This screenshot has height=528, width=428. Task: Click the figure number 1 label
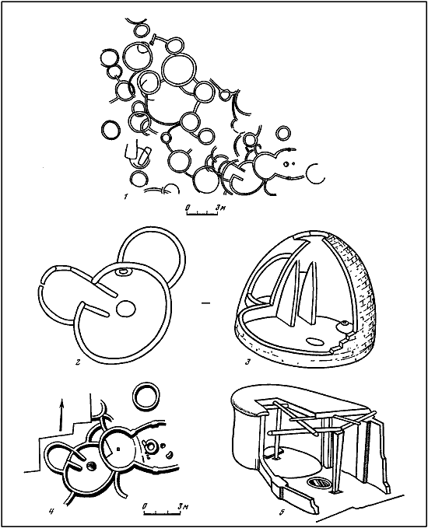pyautogui.click(x=125, y=197)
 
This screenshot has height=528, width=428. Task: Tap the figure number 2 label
pyautogui.click(x=78, y=362)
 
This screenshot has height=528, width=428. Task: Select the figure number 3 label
pyautogui.click(x=247, y=362)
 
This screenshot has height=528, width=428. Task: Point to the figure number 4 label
pyautogui.click(x=51, y=512)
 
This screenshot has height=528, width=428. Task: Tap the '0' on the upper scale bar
pyautogui.click(x=188, y=208)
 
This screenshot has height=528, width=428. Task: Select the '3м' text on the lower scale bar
pyautogui.click(x=182, y=506)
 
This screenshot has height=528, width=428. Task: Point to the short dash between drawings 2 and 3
pyautogui.click(x=205, y=304)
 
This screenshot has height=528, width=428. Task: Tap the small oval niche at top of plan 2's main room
pyautogui.click(x=123, y=271)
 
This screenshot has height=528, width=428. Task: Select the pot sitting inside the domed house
pyautogui.click(x=344, y=327)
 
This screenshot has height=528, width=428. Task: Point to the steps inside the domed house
pyautogui.click(x=343, y=344)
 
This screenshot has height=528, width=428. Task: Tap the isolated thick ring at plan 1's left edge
pyautogui.click(x=111, y=130)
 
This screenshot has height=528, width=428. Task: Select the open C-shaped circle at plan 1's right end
pyautogui.click(x=315, y=173)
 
